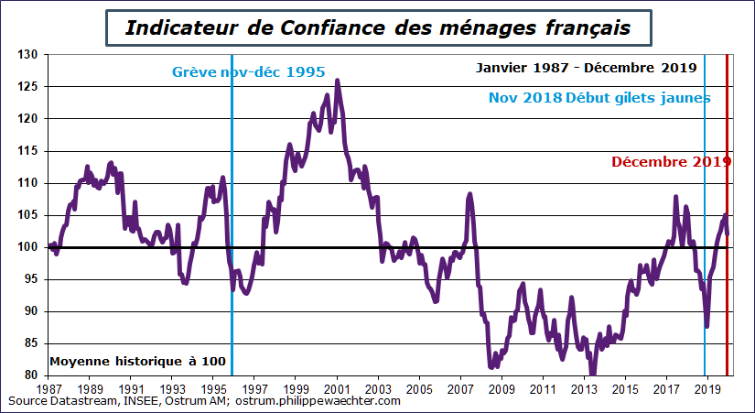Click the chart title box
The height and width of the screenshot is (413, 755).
(377, 27)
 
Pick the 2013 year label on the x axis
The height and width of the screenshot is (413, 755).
(584, 389)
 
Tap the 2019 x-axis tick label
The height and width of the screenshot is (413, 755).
(706, 389)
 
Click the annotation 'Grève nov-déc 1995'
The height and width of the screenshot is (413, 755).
(248, 71)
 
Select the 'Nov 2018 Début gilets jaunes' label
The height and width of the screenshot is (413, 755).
(599, 98)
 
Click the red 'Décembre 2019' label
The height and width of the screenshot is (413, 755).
(671, 162)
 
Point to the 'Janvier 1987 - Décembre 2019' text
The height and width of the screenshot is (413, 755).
(587, 68)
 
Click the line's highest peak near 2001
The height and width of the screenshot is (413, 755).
(338, 81)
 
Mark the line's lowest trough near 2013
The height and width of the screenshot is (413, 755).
(591, 373)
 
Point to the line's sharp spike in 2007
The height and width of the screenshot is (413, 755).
(469, 194)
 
